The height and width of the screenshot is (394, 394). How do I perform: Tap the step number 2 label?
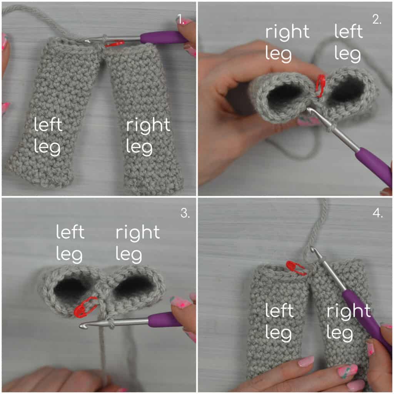click(377, 19)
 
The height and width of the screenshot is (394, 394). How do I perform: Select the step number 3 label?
click(185, 213)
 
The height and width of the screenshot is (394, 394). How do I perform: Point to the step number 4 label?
click(378, 213)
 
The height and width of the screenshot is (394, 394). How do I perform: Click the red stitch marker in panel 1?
click(114, 44)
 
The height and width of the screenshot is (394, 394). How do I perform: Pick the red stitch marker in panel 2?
click(320, 85)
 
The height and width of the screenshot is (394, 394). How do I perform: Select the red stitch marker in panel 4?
click(296, 268)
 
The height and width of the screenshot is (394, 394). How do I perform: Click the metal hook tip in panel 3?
click(82, 326)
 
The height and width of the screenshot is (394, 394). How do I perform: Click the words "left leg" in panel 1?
click(48, 136)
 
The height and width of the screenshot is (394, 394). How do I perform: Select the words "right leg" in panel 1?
click(148, 136)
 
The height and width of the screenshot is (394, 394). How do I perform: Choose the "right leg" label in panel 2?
click(287, 43)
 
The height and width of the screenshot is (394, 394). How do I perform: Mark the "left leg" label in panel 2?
click(348, 43)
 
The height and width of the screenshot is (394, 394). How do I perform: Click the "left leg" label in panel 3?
click(70, 244)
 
